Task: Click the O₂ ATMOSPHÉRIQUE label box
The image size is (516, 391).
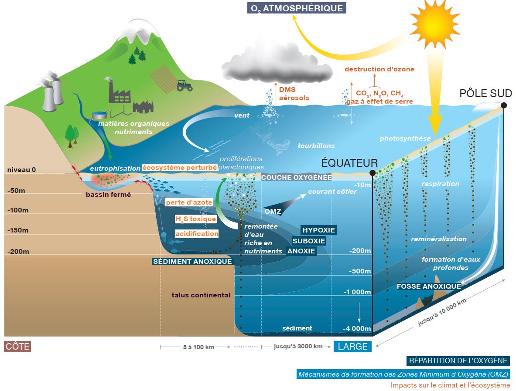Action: pyautogui.click(x=297, y=8)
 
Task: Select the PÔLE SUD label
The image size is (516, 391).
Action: pyautogui.click(x=485, y=93)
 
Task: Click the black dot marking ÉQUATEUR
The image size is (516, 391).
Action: pyautogui.click(x=372, y=173)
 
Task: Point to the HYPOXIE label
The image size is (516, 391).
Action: pyautogui.click(x=318, y=230)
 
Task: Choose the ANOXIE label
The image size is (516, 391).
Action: pyautogui.click(x=301, y=251)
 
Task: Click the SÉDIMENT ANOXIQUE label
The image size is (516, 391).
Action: pyautogui.click(x=192, y=262)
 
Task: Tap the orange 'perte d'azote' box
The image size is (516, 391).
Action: pyautogui.click(x=189, y=202)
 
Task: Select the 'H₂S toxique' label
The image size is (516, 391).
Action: pyautogui.click(x=196, y=219)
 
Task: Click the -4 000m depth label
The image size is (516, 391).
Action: pyautogui.click(x=357, y=329)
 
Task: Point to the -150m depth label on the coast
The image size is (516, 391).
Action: pyautogui.click(x=18, y=230)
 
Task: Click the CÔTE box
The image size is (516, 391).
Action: pyautogui.click(x=17, y=346)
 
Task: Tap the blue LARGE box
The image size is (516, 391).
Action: pyautogui.click(x=352, y=346)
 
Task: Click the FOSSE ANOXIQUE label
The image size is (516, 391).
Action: pyautogui.click(x=429, y=286)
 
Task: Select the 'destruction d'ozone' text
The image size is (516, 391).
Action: pyautogui.click(x=379, y=69)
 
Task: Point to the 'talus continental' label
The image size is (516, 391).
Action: pyautogui.click(x=201, y=295)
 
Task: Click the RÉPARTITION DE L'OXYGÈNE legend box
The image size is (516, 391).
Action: pyautogui.click(x=458, y=361)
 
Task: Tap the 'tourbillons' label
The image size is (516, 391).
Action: pyautogui.click(x=316, y=145)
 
